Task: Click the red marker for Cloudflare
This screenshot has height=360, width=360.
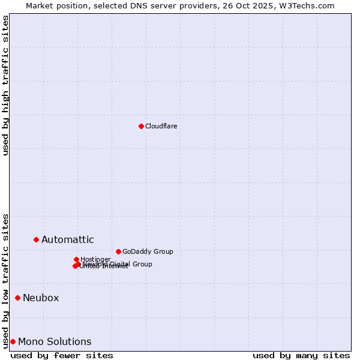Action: [141, 126]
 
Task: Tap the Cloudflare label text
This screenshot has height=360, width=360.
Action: [161, 126]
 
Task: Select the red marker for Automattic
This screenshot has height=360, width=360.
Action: [36, 239]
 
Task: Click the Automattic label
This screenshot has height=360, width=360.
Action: [67, 240]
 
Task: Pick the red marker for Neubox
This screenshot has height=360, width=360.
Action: [17, 298]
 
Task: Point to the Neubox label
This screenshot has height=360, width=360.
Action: [41, 298]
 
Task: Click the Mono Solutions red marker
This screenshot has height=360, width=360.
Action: [13, 341]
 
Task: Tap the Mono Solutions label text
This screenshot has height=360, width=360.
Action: [55, 342]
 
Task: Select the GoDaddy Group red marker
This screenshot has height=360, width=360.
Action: [118, 251]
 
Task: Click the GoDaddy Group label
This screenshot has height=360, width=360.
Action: [148, 251]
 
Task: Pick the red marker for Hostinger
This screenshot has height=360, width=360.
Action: [76, 259]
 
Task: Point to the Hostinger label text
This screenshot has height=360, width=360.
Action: [95, 259]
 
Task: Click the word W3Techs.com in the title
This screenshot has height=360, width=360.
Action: [309, 5]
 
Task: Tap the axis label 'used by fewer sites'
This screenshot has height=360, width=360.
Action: [62, 355]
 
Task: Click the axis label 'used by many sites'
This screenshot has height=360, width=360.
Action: [301, 355]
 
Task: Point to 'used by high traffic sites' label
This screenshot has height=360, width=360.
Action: [6, 85]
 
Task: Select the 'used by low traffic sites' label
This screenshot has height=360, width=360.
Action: [6, 280]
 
